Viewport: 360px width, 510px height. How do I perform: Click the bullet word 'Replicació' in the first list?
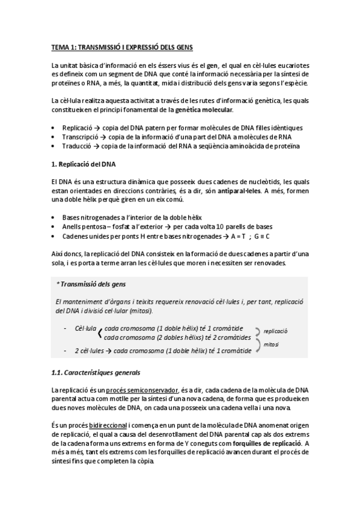[x=77, y=128]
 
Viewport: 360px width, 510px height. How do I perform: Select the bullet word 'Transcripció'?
[x=80, y=137]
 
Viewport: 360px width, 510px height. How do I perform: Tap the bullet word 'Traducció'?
[x=76, y=146]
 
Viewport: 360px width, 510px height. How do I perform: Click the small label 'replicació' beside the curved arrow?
[x=276, y=331]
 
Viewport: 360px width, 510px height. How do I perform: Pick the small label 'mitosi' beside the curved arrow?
[x=271, y=344]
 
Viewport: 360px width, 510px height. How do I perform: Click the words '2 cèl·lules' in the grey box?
[x=90, y=349]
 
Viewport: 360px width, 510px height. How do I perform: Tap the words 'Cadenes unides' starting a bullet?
[x=83, y=236]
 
